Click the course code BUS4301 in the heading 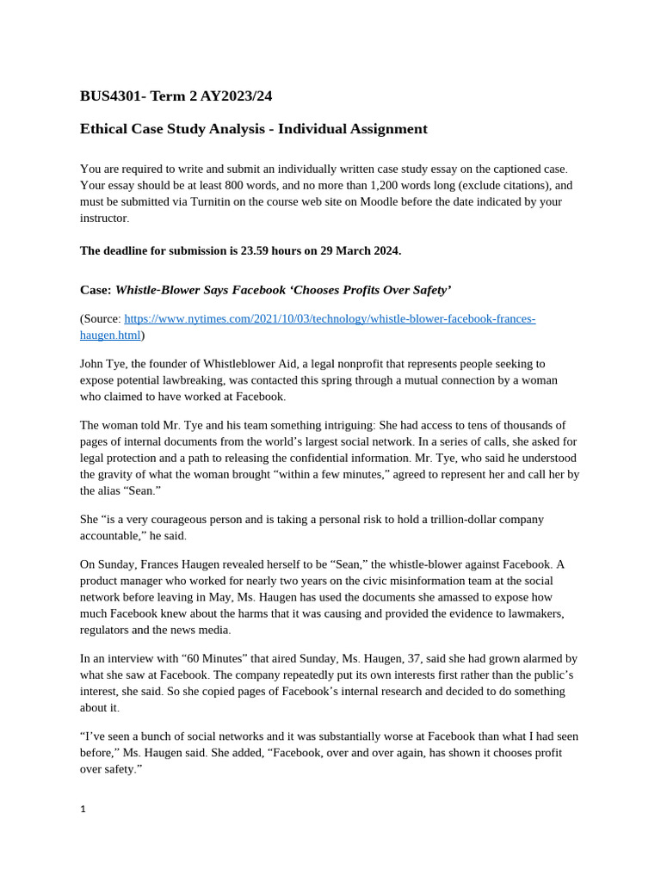point(112,95)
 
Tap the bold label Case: point(96,290)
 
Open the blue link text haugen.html point(110,335)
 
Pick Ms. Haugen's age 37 point(415,658)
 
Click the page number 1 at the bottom point(83,809)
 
